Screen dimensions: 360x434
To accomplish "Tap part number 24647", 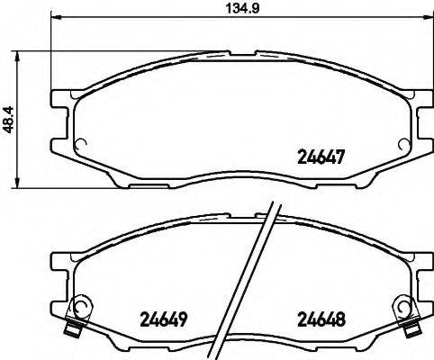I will [x=321, y=156].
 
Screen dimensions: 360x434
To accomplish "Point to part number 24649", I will [x=164, y=319].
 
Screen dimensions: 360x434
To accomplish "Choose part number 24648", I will [x=321, y=319].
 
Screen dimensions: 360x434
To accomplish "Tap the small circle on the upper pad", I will [x=78, y=141].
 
